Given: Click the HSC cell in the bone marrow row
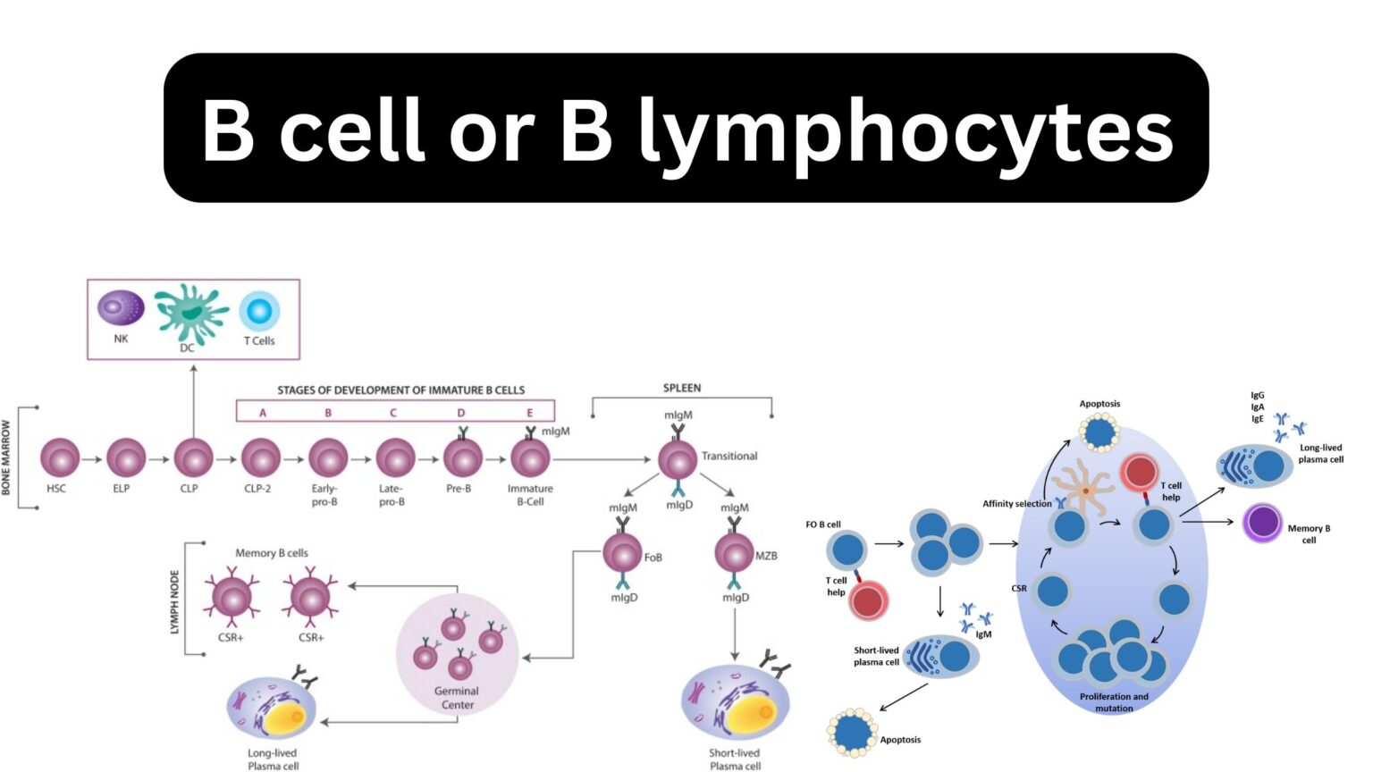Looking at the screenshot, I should pos(60,458).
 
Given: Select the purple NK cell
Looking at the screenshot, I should pos(121,308).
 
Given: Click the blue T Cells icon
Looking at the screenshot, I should pos(259,312).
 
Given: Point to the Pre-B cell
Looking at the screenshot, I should pos(462,458).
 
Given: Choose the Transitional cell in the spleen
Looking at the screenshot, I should pos(678,459).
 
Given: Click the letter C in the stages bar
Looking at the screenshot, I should pos(392,413).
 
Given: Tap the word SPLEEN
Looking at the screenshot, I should pos(681,388).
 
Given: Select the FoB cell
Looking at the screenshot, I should pos(622,553).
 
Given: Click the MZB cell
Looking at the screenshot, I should pos(734,553).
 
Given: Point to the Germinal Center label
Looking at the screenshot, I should pos(457,698).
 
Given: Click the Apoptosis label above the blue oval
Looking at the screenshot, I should pos(1099,404).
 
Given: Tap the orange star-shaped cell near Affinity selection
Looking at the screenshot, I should pos(1084,489).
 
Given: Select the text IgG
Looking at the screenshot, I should pos(1257,395).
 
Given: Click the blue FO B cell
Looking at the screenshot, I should pos(846,550).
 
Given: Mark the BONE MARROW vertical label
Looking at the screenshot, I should pos(7,457).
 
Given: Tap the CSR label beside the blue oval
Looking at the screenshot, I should pos(1018,589).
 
